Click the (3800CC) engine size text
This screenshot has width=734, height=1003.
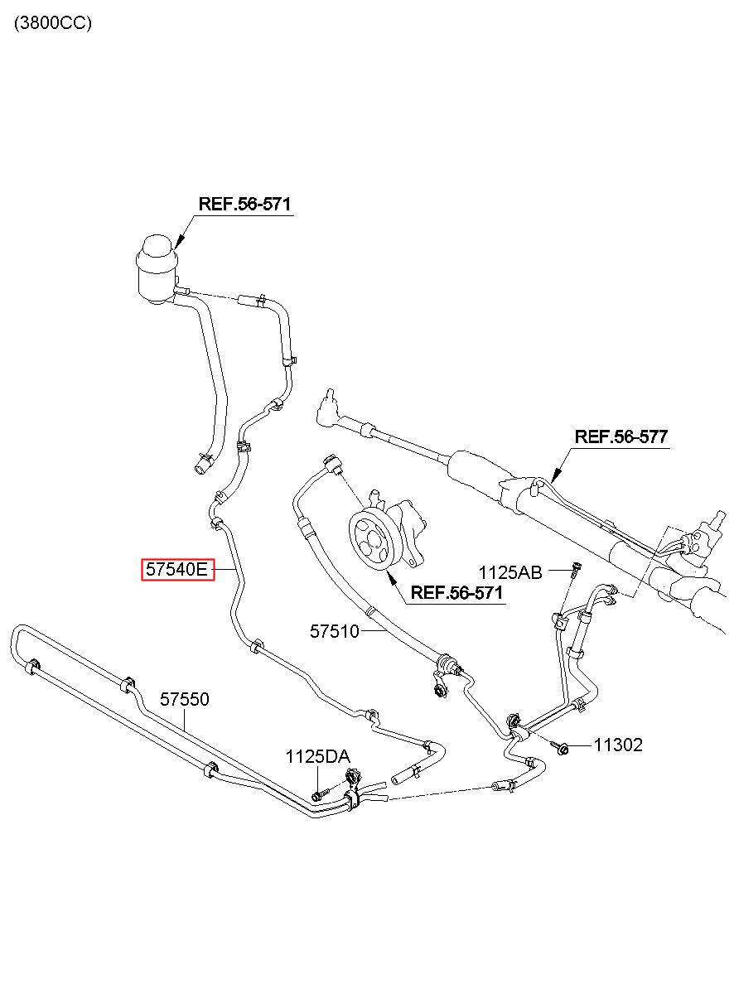click(x=53, y=22)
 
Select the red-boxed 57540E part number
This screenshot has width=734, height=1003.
click(x=178, y=569)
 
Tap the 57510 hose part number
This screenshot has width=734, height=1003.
click(x=335, y=631)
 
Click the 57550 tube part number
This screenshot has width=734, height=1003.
click(x=185, y=699)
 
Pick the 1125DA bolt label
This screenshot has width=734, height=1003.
click(x=317, y=757)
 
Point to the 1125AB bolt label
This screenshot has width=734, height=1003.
click(x=510, y=572)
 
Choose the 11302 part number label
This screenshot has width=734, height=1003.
click(x=618, y=745)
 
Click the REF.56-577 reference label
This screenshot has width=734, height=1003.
click(x=621, y=436)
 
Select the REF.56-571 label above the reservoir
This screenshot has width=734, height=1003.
click(x=244, y=204)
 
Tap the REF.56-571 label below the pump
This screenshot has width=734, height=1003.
click(x=456, y=593)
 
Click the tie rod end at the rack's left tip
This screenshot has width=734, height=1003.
click(x=326, y=408)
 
